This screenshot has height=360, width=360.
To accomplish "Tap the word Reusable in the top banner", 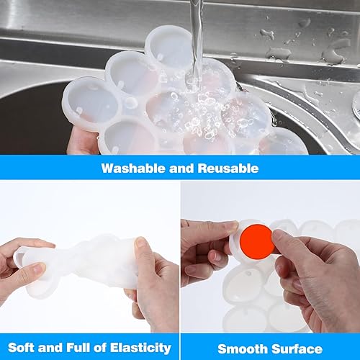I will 229,168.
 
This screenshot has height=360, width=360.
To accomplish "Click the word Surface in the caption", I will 297,348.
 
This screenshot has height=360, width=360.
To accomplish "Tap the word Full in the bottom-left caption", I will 74,348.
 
